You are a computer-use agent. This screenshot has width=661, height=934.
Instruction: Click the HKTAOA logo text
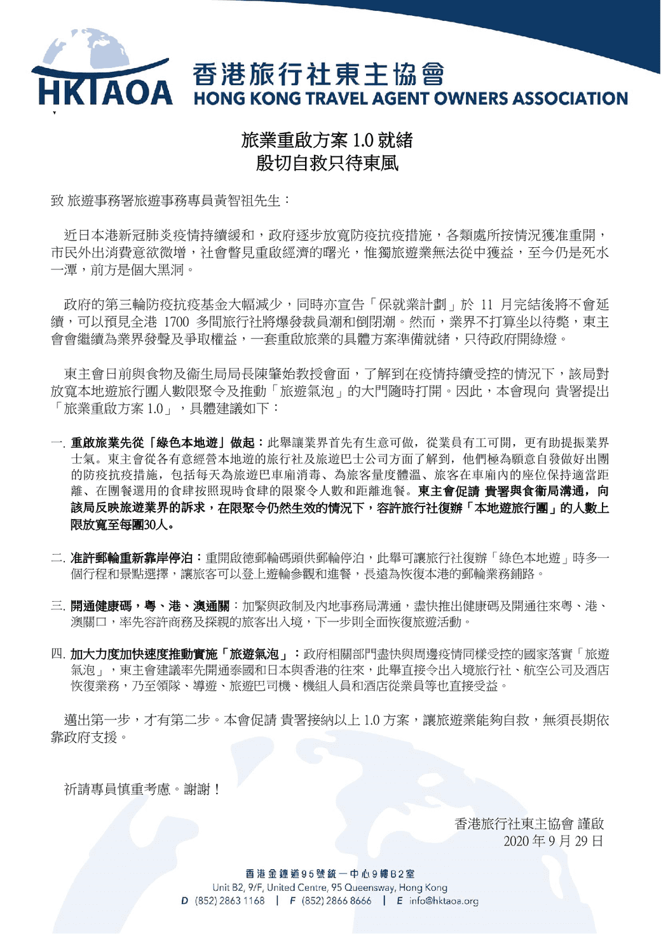point(106,93)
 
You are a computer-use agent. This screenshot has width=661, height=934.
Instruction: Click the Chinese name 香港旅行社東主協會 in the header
point(318,75)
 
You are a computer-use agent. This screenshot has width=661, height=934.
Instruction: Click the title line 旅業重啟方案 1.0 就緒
point(327,140)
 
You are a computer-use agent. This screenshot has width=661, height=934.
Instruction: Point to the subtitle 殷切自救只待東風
point(327,163)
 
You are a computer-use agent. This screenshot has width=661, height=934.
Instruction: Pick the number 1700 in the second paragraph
point(176,322)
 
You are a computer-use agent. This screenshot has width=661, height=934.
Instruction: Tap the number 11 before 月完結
point(486,305)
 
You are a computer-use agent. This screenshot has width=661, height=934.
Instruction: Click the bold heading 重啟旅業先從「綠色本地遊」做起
point(163,442)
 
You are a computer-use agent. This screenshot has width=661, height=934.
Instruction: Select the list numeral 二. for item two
point(58,558)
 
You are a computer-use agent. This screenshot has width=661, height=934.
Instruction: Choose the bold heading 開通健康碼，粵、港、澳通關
point(150,606)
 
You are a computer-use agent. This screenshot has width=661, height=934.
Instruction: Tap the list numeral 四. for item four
point(58,654)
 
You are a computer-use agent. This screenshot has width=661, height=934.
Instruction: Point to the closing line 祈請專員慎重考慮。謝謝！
point(142,789)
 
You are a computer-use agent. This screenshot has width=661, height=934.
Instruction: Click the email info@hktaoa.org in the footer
point(444,901)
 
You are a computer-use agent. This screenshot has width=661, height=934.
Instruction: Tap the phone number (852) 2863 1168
point(229,901)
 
